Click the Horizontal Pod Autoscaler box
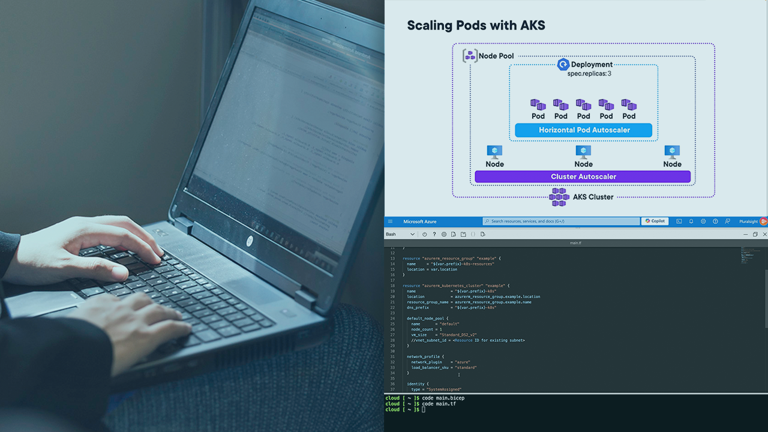click(583, 130)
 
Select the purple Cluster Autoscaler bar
click(583, 177)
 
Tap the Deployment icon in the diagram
click(563, 65)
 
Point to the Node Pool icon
click(470, 56)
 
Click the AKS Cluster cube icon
click(559, 197)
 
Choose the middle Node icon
click(583, 152)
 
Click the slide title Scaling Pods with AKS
click(476, 25)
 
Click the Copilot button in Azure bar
click(655, 221)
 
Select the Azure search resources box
click(561, 221)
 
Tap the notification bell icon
click(691, 221)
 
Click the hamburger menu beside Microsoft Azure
click(391, 221)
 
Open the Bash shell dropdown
click(400, 234)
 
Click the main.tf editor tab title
click(575, 243)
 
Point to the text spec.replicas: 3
click(589, 73)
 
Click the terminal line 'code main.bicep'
click(443, 398)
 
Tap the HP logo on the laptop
click(250, 241)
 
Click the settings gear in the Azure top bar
click(703, 221)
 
